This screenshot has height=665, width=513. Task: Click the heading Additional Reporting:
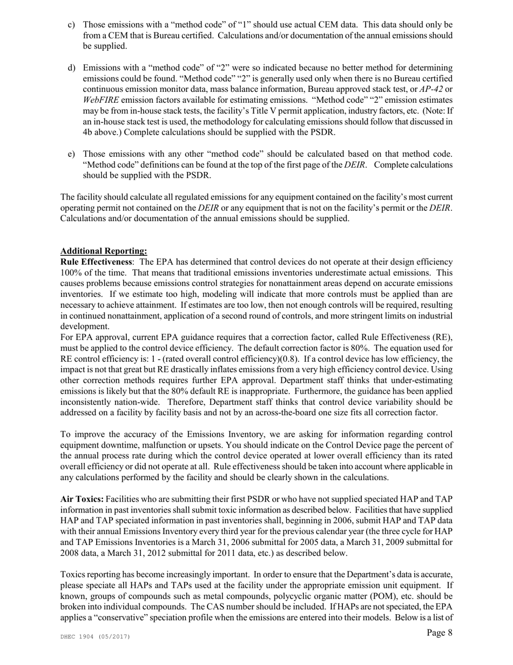point(104,251)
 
